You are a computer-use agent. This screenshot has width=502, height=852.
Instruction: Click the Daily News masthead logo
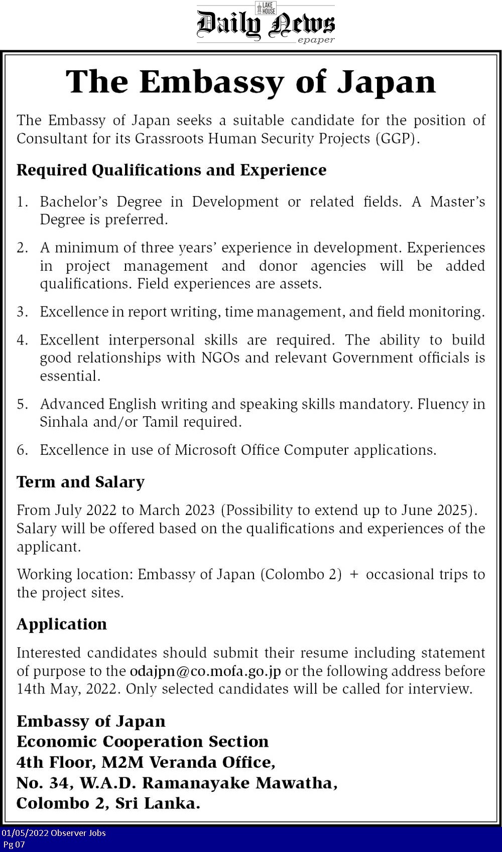click(x=266, y=24)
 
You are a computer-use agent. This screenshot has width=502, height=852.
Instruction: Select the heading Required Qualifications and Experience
click(x=171, y=170)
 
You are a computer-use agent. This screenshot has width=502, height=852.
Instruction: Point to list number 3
click(x=22, y=312)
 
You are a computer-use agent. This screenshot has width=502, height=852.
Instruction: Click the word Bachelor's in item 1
click(x=74, y=202)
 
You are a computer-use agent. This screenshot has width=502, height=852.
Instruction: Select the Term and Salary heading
click(x=80, y=482)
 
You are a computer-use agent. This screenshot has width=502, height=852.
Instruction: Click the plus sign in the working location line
click(x=354, y=574)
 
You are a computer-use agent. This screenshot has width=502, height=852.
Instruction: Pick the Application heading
click(x=62, y=624)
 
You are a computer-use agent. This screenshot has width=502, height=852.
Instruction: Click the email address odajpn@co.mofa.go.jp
click(x=205, y=671)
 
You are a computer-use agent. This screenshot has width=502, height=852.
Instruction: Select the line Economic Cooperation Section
click(x=143, y=742)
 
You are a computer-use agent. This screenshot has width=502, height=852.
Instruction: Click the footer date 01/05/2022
click(x=25, y=833)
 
